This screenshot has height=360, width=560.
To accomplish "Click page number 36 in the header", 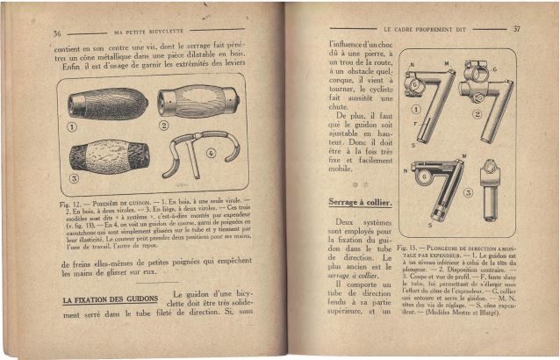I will [57, 32].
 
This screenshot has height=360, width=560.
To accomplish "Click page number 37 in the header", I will [516, 29].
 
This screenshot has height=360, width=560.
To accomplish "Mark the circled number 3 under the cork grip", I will [75, 176].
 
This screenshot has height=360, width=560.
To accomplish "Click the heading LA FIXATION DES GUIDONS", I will [110, 300].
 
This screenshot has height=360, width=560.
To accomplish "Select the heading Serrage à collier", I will [348, 203].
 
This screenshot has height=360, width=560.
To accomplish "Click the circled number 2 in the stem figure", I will [506, 113].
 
